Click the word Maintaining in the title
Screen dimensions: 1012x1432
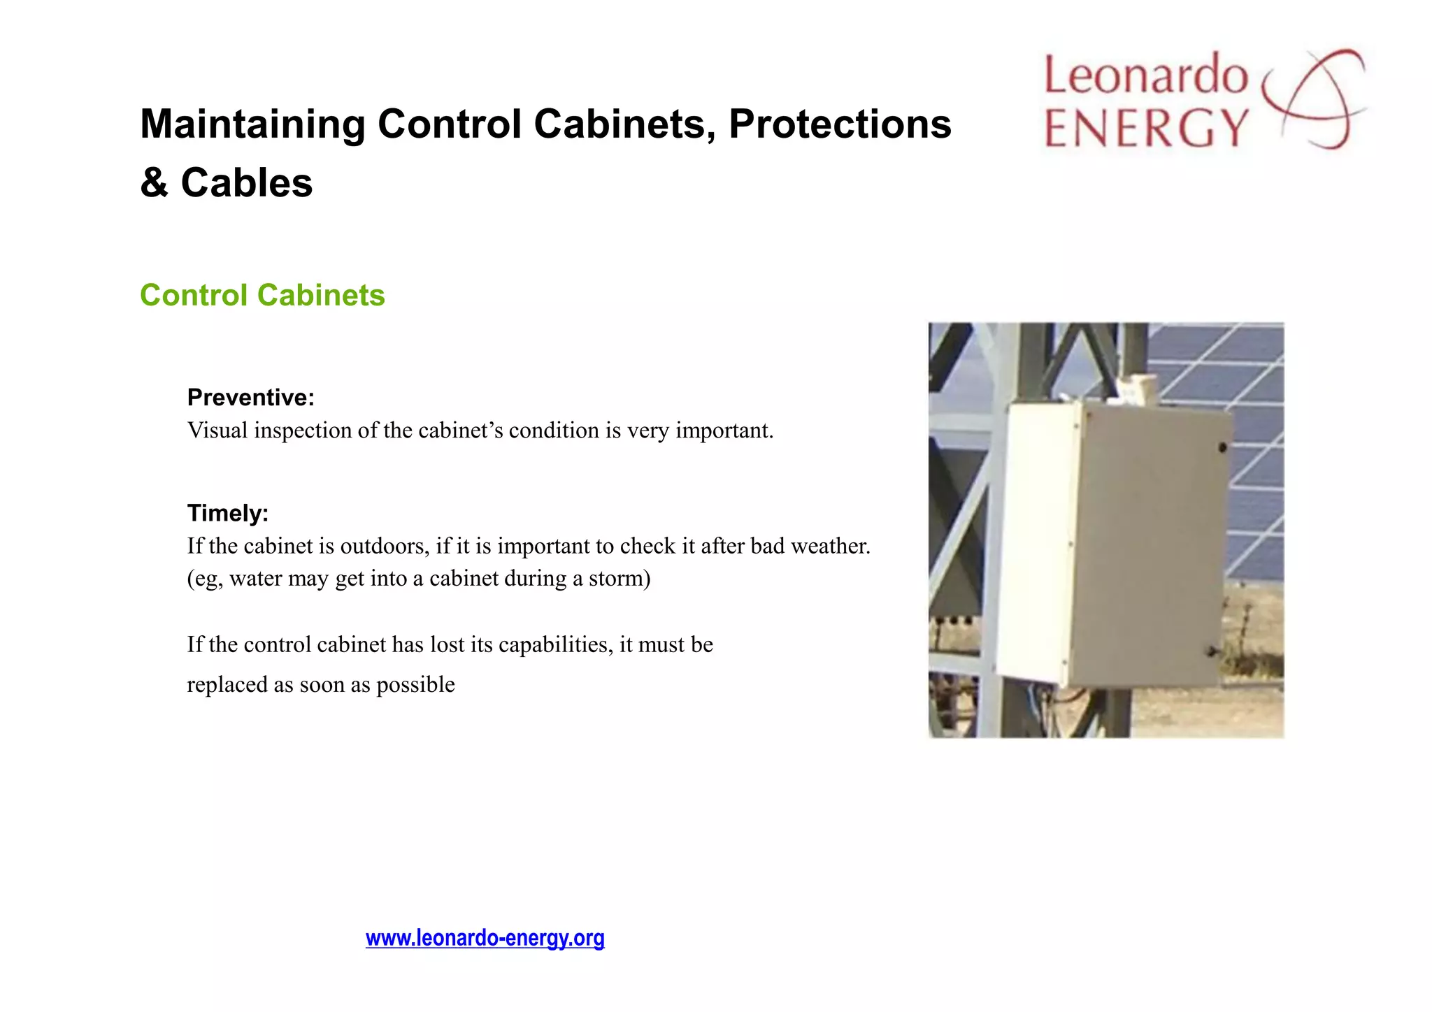coord(252,124)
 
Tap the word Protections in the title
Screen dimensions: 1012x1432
coord(840,124)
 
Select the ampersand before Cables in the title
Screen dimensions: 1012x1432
coord(154,183)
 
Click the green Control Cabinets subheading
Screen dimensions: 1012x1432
coord(262,295)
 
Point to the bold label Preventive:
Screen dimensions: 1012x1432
coord(250,397)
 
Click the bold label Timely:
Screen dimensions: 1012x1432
coord(227,513)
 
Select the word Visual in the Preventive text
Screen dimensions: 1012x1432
coord(217,431)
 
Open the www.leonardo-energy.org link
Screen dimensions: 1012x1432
coord(485,938)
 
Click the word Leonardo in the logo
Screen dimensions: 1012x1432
coord(1145,75)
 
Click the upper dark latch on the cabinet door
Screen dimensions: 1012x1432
coord(1222,447)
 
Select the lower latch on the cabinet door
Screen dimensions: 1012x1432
coord(1212,651)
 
